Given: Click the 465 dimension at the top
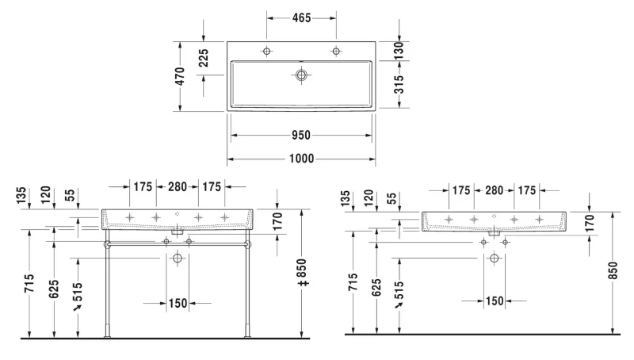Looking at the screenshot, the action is point(302,17).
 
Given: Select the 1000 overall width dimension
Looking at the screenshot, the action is point(302,159).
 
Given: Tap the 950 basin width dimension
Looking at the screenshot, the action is point(301,135).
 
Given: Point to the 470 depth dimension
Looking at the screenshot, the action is point(180,76).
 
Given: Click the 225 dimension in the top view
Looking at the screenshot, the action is point(204,58).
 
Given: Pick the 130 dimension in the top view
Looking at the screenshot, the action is point(399,51).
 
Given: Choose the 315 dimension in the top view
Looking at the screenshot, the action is point(399,84).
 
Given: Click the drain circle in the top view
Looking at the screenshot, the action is point(301,75).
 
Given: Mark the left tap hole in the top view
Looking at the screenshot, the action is point(266,51).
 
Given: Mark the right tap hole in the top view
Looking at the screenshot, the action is point(336,51).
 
